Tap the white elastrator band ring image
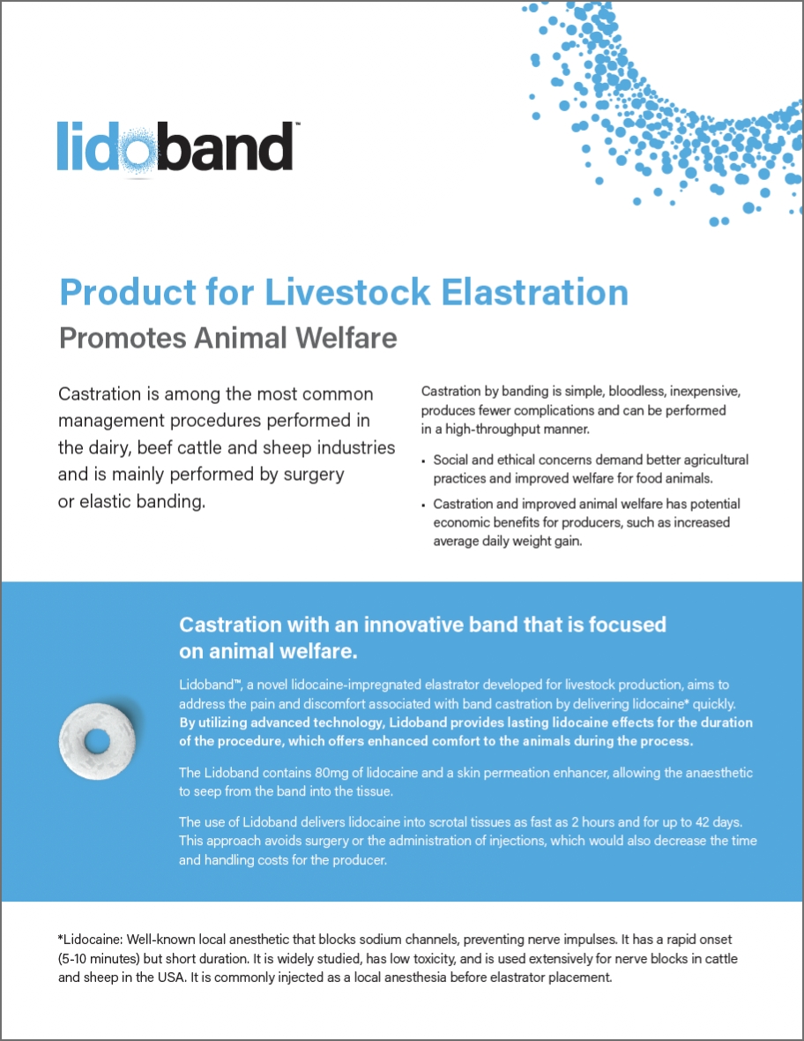[98, 740]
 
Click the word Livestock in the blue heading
[347, 292]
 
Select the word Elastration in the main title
[534, 292]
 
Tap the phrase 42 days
[718, 822]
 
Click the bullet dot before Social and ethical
[423, 461]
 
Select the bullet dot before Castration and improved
[423, 506]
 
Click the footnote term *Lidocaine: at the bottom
[90, 940]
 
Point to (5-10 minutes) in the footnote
[98, 959]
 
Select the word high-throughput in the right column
[495, 430]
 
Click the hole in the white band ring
[98, 739]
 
